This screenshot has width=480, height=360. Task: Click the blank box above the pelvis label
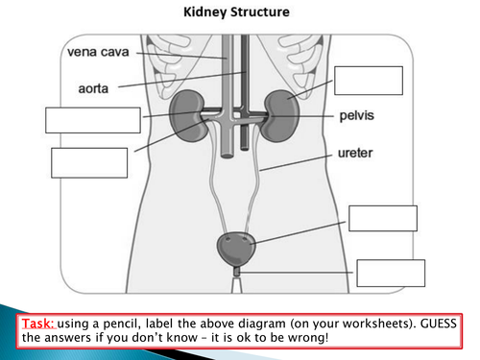(368, 80)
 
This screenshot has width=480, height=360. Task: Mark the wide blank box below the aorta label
(93, 120)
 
